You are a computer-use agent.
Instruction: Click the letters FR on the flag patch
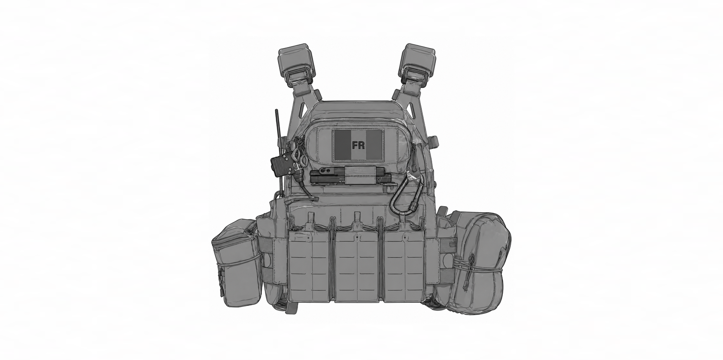click(x=358, y=145)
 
